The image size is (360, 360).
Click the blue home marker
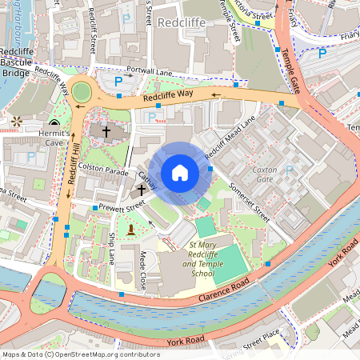pyautogui.click(x=180, y=173)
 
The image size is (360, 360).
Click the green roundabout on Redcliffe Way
pyautogui.click(x=82, y=92)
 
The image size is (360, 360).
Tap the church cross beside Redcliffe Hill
pyautogui.click(x=106, y=130)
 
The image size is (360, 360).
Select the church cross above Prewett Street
pyautogui.click(x=142, y=190)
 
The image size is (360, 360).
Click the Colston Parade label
pyautogui.click(x=104, y=171)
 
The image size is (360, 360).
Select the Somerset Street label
pyautogui.click(x=250, y=198)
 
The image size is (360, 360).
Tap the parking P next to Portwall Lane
pyautogui.click(x=118, y=81)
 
